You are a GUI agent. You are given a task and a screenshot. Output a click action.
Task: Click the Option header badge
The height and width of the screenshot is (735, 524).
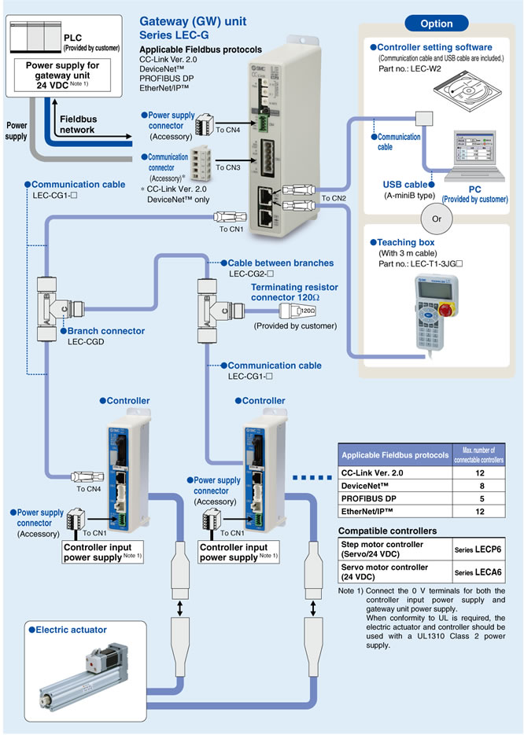click(x=436, y=24)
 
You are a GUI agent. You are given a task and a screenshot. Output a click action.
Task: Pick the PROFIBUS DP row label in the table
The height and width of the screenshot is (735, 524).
click(x=369, y=499)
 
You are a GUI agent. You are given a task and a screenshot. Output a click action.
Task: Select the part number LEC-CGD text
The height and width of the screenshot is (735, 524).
click(x=83, y=342)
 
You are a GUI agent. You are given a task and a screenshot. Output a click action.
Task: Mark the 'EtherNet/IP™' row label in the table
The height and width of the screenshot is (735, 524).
click(x=371, y=513)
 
